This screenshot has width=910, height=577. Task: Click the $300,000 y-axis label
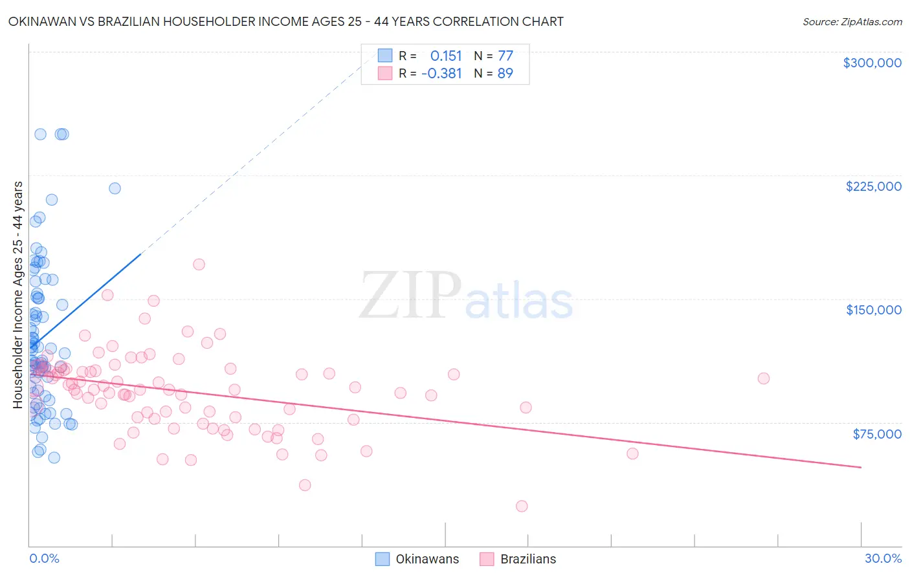pos(872,63)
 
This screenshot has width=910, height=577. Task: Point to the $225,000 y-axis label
pos(873,186)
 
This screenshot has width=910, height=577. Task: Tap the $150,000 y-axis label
pos(873,310)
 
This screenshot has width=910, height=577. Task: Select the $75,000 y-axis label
pos(876,434)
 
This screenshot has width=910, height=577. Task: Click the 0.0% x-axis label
pos(44,558)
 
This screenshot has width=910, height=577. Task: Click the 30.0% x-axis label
pos(883,558)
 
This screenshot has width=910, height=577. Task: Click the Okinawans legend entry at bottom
pos(417,559)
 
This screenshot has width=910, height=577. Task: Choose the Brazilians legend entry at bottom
pos(518,559)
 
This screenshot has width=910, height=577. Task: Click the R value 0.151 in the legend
pos(446,56)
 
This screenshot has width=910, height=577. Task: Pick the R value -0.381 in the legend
pos(441,73)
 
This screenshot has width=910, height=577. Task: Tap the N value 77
pos(505,56)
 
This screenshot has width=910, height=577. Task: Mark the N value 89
pos(505,73)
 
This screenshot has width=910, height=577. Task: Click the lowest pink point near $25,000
pos(522,506)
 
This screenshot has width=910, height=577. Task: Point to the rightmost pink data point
pos(764,378)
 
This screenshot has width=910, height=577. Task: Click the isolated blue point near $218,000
pos(115,188)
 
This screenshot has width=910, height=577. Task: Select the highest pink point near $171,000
pos(199,265)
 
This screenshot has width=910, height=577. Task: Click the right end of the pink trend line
pos(861,467)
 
